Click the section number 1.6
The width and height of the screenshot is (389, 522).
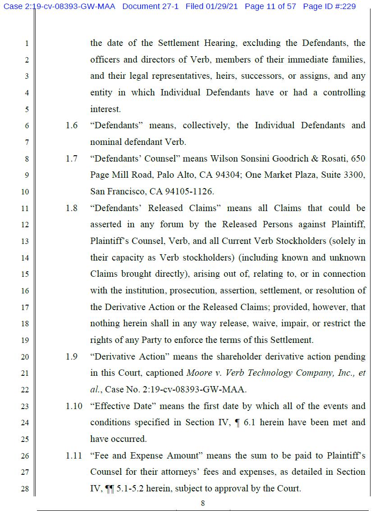[72, 126]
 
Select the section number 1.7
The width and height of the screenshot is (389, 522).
[72, 159]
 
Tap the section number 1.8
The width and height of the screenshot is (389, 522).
[72, 208]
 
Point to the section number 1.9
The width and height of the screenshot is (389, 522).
[72, 357]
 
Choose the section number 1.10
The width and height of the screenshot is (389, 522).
[74, 406]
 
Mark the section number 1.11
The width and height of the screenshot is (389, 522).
[74, 456]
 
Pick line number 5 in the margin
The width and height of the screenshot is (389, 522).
[27, 109]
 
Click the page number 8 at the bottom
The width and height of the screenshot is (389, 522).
[203, 504]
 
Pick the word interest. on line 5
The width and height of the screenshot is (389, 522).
[105, 109]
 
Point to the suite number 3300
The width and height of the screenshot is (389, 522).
[354, 175]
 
